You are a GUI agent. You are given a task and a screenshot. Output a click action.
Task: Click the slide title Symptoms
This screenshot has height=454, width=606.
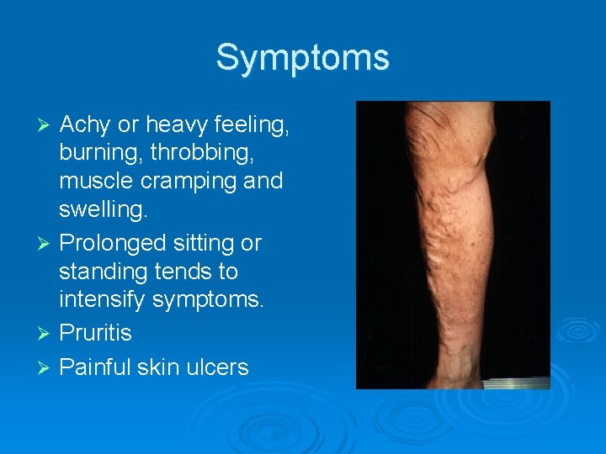[303, 58]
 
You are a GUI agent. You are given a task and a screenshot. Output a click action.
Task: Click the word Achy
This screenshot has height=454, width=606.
[86, 125]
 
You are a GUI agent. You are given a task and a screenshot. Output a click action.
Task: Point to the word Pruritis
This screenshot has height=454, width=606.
[96, 334]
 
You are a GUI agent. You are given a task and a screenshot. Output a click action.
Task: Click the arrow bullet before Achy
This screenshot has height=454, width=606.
[47, 126]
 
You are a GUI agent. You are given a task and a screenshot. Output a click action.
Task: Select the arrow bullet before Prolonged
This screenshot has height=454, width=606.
[47, 244]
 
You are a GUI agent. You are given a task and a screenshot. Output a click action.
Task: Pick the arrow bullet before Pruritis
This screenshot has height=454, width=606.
[47, 334]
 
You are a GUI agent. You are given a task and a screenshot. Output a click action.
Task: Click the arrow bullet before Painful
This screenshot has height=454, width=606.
[47, 368]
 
